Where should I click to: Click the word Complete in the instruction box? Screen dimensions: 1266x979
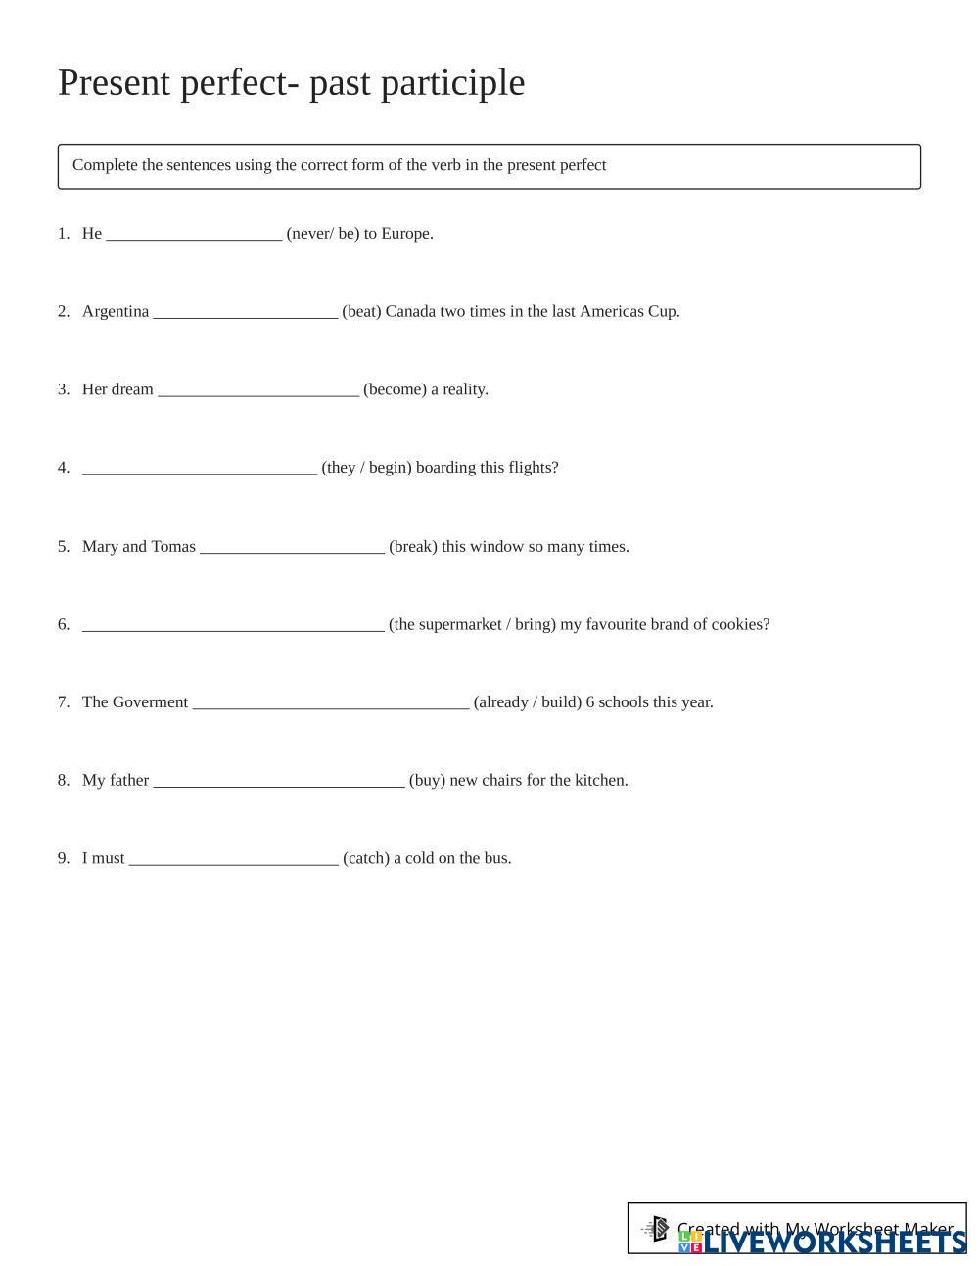tap(105, 165)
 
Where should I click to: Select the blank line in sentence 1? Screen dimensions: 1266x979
tap(194, 235)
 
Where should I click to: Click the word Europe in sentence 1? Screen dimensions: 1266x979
tap(406, 234)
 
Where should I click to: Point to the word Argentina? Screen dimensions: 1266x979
tap(116, 312)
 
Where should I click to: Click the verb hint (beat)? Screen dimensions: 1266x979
tap(361, 312)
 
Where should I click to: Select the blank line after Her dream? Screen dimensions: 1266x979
tap(258, 391)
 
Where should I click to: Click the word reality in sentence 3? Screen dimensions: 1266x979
tap(465, 390)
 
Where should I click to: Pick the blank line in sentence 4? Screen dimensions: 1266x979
tap(200, 470)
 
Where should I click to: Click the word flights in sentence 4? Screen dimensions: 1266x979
tap(534, 468)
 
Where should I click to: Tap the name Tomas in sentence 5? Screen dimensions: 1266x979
tap(173, 547)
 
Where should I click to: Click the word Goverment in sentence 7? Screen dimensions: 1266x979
tap(150, 702)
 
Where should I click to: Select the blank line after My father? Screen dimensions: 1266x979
tap(279, 783)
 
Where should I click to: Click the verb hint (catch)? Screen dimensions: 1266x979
tap(366, 859)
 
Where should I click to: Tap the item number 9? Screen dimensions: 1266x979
tap(64, 859)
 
